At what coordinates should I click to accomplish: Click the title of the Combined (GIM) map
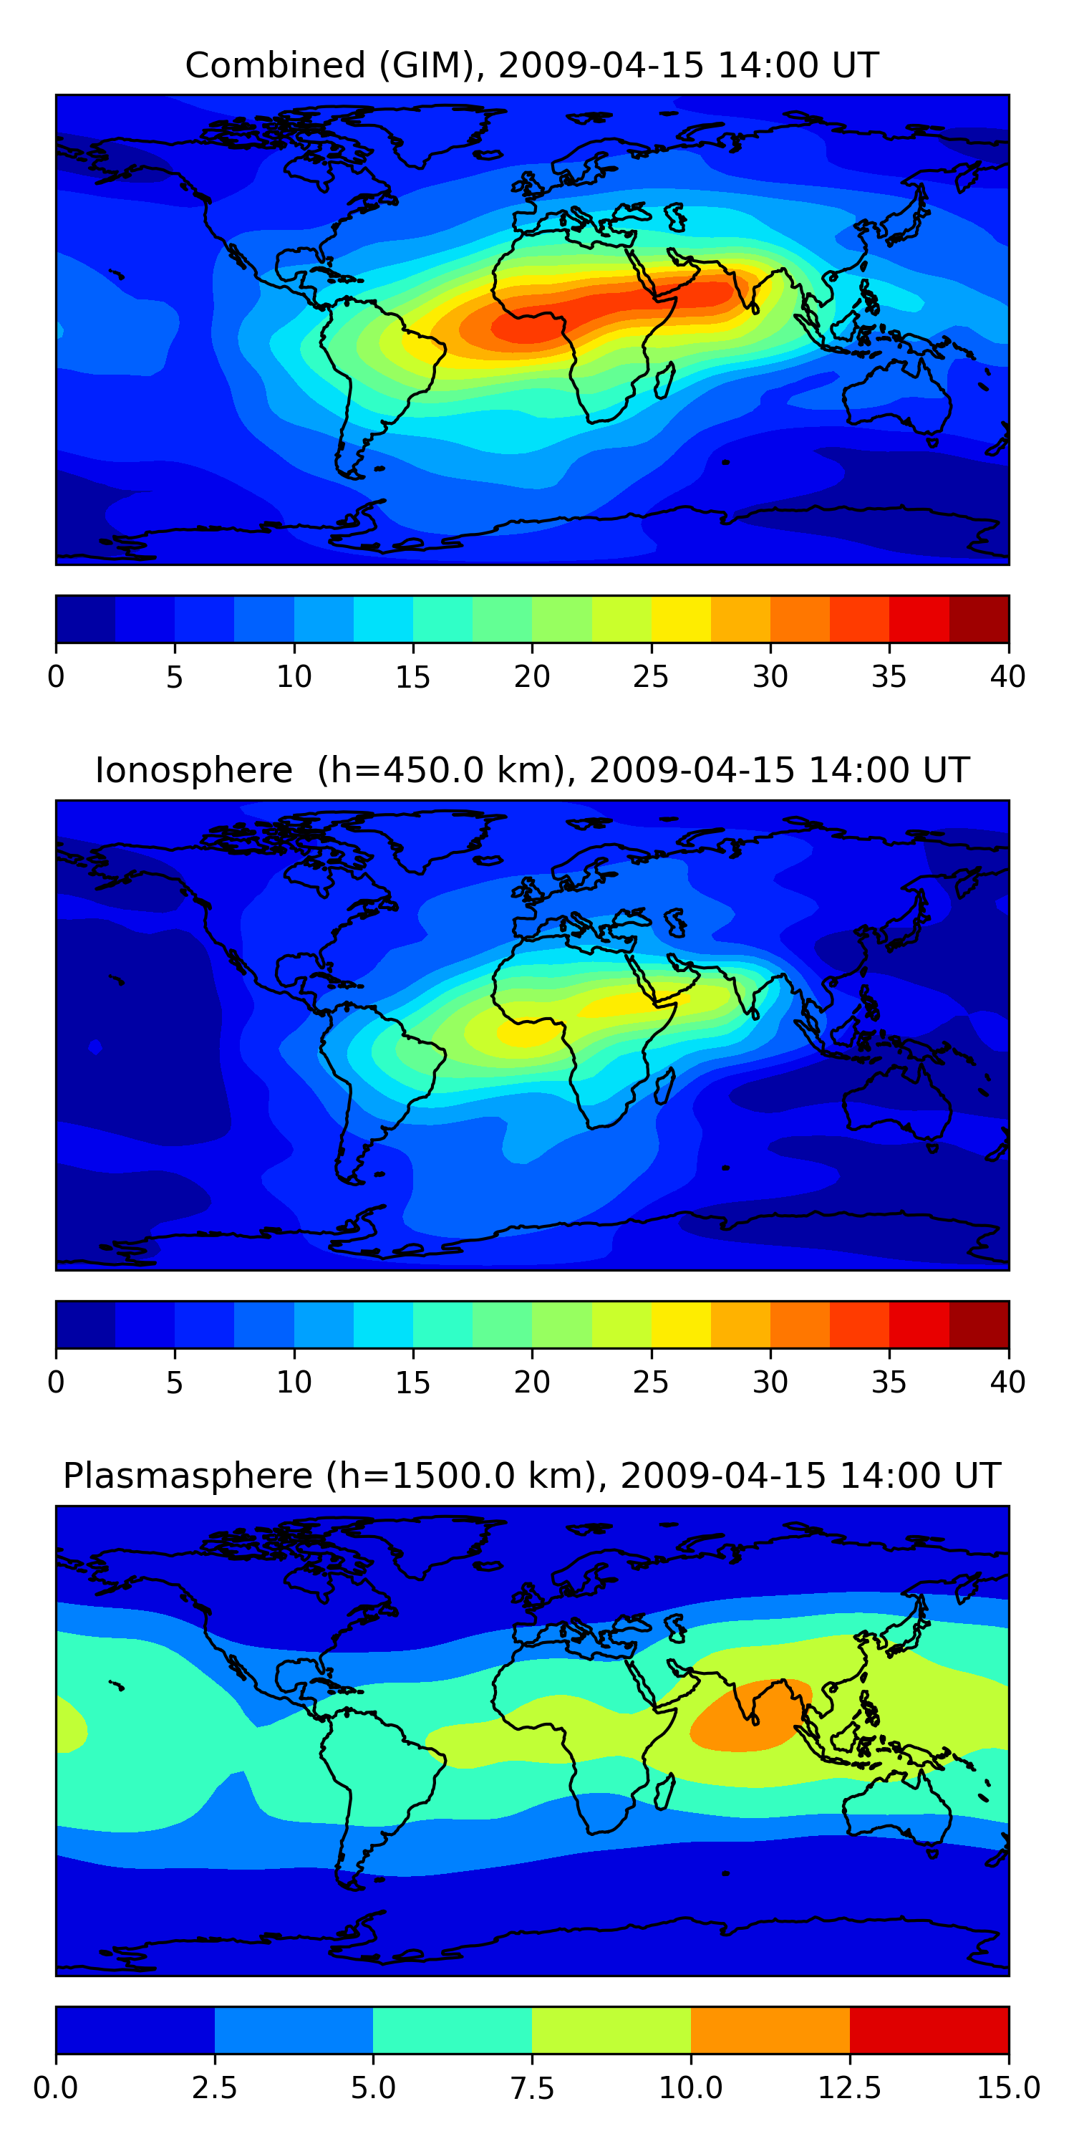tap(532, 65)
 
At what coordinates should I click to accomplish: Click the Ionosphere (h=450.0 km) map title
tap(532, 770)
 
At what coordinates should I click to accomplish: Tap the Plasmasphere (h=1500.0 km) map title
tap(532, 1476)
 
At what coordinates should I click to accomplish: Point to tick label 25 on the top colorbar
tap(650, 676)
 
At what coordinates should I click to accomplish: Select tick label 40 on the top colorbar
tap(1007, 676)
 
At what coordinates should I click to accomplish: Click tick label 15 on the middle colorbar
tap(412, 1383)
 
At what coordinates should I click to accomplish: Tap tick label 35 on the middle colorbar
tap(889, 1383)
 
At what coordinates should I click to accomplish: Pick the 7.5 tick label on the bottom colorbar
tap(532, 2088)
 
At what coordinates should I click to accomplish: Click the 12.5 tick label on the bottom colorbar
tap(849, 2088)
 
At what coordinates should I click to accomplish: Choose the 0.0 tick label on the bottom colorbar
tap(56, 2088)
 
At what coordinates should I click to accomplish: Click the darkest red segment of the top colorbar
tap(979, 619)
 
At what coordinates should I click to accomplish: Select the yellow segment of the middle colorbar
tap(681, 1325)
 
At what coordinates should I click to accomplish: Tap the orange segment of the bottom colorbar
tap(770, 2029)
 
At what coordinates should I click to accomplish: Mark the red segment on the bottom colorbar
tap(929, 2029)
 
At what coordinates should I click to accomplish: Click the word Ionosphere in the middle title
tap(193, 770)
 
